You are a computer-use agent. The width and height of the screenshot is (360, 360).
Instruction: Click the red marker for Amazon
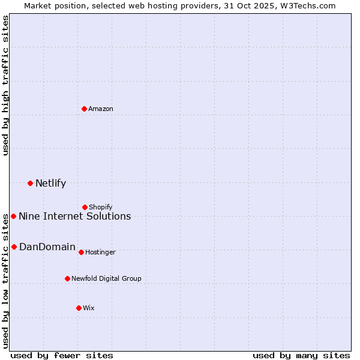(x=85, y=109)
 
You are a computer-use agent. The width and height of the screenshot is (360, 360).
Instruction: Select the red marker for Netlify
(x=30, y=183)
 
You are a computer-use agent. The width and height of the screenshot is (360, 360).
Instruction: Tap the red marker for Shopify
(x=85, y=208)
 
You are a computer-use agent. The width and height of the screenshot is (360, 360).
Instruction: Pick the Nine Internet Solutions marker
(x=14, y=216)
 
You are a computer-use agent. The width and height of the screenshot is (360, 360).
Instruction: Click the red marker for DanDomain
(x=14, y=247)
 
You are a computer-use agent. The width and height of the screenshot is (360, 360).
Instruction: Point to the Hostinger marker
(x=81, y=252)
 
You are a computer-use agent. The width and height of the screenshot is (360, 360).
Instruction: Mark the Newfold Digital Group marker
(x=67, y=278)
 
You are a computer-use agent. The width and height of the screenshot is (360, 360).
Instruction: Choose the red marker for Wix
(x=79, y=308)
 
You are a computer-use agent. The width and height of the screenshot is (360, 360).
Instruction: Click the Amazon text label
(x=101, y=109)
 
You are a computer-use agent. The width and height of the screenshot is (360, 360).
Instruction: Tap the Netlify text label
(x=50, y=184)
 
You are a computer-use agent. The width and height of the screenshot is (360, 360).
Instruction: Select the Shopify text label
(x=101, y=208)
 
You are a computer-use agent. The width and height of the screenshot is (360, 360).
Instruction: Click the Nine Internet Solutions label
(x=75, y=217)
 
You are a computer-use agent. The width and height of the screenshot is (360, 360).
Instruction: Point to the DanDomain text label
(x=47, y=247)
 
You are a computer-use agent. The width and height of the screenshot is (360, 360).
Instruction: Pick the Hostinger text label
(x=100, y=253)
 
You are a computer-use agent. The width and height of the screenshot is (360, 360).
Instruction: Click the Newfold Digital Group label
(x=106, y=279)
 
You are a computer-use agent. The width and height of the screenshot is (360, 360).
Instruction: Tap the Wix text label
(x=89, y=308)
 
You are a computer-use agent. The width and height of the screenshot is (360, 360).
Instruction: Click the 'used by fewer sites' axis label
(x=62, y=355)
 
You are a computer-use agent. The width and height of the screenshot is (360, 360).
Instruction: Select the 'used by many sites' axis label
(x=301, y=355)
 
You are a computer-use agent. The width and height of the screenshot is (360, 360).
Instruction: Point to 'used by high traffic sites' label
(x=5, y=85)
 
